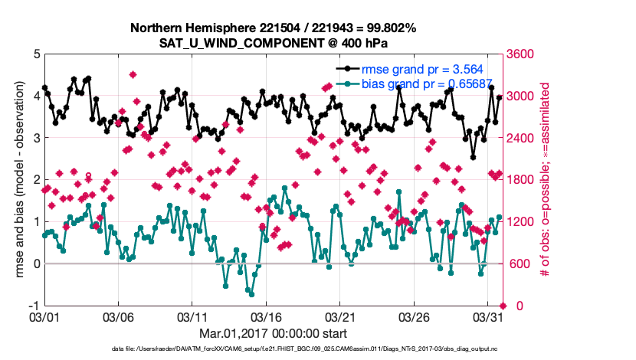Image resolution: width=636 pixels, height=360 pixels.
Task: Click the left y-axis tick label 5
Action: tap(37, 54)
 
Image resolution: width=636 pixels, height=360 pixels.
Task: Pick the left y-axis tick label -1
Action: tap(34, 306)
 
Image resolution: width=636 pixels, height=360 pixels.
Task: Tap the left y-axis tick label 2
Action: tap(37, 180)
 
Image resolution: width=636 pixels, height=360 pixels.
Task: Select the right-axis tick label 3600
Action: tap(518, 54)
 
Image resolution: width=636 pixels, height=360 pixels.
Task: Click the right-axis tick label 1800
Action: tap(518, 180)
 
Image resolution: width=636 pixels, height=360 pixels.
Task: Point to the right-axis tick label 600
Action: tap(515, 264)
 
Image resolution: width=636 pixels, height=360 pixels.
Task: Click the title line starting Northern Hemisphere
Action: tap(274, 28)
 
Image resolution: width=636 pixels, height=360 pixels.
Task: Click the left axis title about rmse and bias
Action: tap(18, 180)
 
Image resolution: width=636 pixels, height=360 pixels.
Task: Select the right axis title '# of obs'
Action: tap(546, 180)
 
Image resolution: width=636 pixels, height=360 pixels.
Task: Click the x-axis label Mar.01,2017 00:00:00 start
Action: tap(274, 333)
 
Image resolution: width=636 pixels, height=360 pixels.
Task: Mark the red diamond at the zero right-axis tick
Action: tap(503, 306)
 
